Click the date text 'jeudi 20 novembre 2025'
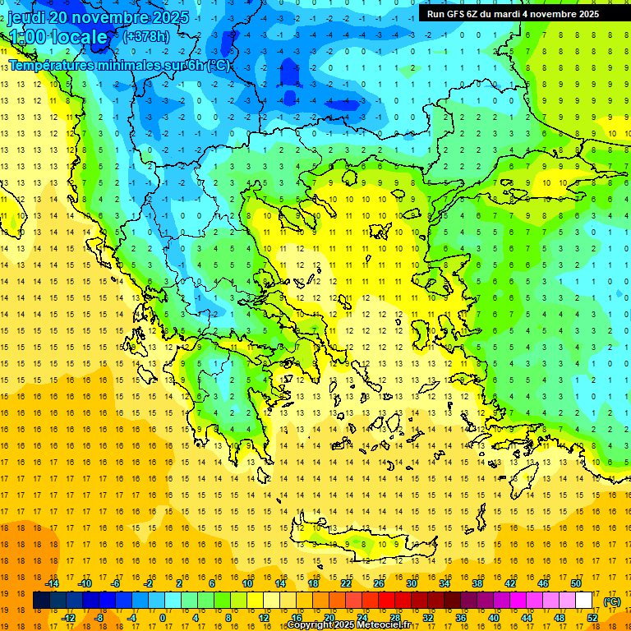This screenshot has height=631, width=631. [x=98, y=17]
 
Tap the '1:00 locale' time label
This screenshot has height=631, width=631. [x=58, y=37]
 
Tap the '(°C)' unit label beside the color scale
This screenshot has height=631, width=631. [x=611, y=601]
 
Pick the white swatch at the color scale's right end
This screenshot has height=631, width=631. [x=584, y=601]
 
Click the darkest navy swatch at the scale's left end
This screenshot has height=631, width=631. [x=41, y=601]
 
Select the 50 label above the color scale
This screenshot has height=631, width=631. [x=576, y=583]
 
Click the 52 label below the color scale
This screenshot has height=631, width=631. [x=592, y=618]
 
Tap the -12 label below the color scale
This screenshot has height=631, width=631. [x=68, y=618]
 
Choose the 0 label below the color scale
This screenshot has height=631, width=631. [x=163, y=618]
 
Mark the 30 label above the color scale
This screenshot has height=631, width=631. [x=412, y=583]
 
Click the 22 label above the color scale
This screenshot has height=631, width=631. [x=346, y=583]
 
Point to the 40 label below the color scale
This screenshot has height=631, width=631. [x=494, y=618]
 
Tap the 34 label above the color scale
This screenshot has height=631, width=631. [x=444, y=583]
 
